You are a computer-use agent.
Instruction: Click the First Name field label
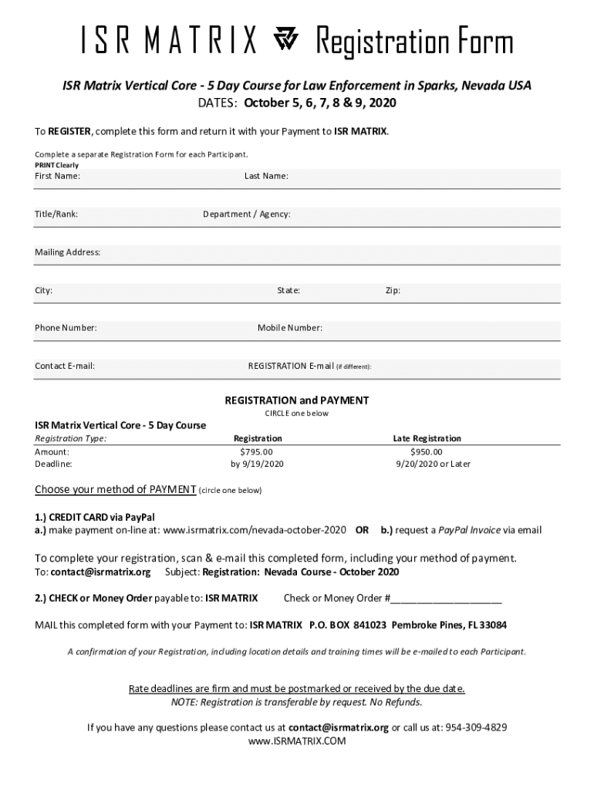57,176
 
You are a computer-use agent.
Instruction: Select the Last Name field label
266,176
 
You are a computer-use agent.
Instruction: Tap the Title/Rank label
56,214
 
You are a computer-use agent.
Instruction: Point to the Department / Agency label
247,214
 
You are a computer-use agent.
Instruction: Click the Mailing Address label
68,252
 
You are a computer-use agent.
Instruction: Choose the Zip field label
393,291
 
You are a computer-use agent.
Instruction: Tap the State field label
289,291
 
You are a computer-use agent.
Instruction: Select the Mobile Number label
290,328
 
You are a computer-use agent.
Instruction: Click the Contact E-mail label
65,366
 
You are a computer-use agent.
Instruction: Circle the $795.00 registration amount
257,451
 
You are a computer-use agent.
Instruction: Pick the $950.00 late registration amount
427,451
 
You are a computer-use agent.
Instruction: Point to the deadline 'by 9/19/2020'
258,464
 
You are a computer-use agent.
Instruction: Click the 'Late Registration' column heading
427,438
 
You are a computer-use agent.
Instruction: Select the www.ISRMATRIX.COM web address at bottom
297,741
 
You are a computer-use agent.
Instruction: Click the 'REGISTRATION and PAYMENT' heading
296,400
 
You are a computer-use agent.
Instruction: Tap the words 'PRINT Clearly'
56,165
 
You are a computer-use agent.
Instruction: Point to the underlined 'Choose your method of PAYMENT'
116,490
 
